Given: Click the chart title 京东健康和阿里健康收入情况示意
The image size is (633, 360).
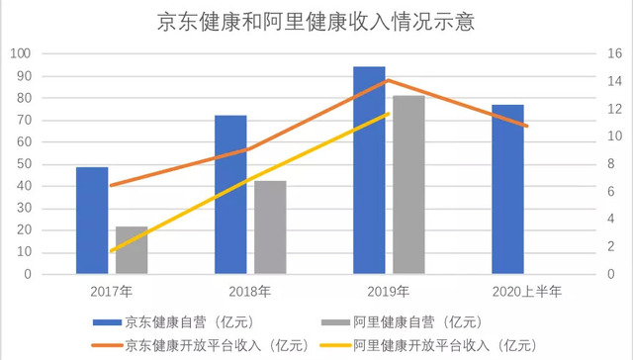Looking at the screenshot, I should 316,22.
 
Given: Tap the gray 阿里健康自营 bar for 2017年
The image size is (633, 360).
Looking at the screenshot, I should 132,250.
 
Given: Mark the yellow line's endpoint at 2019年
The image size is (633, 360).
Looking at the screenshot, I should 389,114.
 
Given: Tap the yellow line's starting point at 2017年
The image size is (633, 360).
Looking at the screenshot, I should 112,251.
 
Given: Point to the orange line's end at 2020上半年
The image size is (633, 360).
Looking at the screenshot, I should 527,126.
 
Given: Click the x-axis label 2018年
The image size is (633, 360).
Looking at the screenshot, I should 250,291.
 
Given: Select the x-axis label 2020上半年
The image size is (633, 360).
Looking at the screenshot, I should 527,291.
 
